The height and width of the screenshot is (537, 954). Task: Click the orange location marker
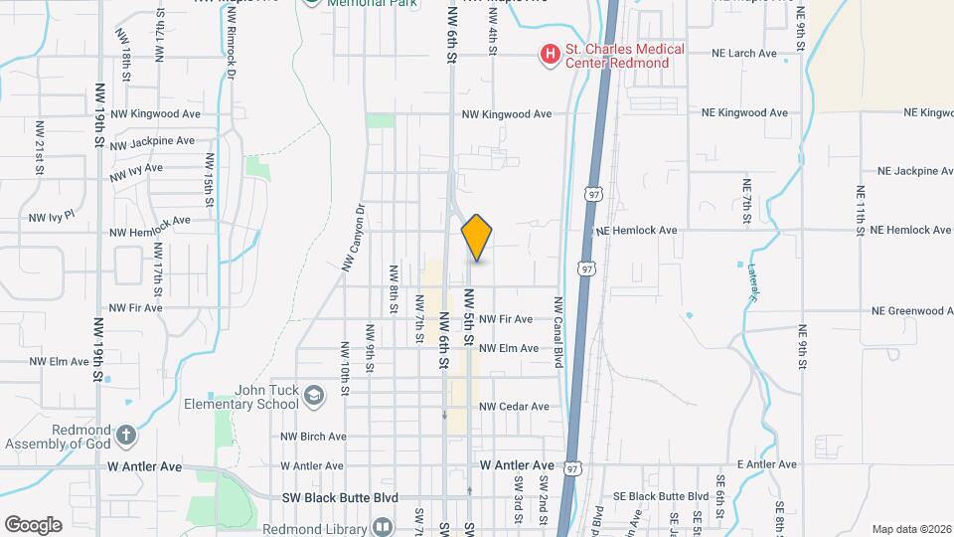click(x=477, y=237)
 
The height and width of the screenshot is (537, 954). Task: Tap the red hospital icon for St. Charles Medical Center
click(x=548, y=56)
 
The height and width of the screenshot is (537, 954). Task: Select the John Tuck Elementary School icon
click(x=314, y=397)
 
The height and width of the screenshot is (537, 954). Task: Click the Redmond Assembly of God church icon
click(x=125, y=435)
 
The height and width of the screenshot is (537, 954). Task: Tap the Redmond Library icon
click(x=383, y=526)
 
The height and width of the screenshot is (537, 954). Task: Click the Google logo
click(x=33, y=525)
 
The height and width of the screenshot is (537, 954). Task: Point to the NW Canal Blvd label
click(x=558, y=332)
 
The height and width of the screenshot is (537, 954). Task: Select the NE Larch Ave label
click(x=744, y=54)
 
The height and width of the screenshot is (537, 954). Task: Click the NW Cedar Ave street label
click(x=514, y=407)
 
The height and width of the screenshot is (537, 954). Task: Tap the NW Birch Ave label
click(x=313, y=437)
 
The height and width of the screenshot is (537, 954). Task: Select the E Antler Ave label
click(x=766, y=464)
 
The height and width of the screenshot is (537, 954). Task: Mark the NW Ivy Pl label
click(x=52, y=218)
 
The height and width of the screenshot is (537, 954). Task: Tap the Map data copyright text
click(x=910, y=529)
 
